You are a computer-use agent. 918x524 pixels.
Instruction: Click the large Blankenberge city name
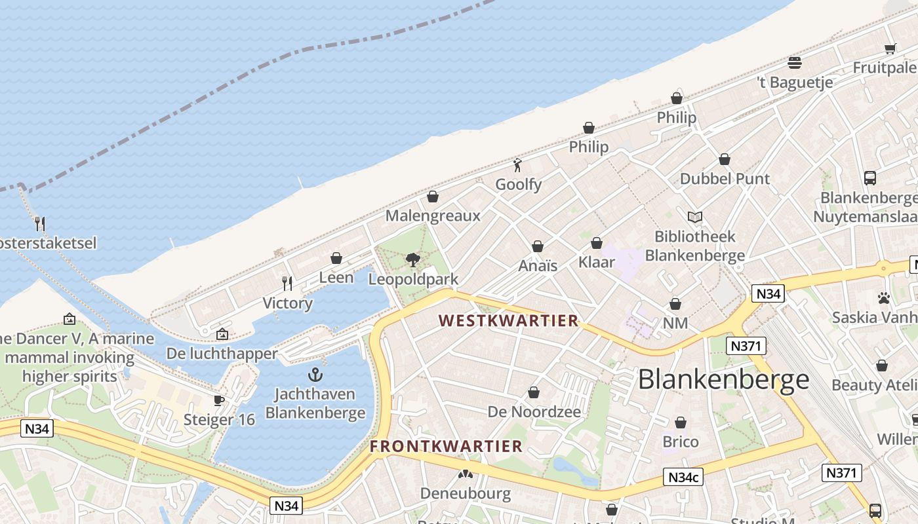[723, 380]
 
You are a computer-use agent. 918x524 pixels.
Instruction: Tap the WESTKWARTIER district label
[509, 321]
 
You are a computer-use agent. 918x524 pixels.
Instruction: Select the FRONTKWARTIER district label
[446, 447]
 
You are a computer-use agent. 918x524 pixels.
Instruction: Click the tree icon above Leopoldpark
[412, 260]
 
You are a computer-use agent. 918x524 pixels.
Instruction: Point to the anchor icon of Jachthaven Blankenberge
[315, 375]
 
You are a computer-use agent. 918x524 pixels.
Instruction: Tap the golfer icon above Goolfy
[517, 165]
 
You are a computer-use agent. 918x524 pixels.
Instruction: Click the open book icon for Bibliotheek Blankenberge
[695, 217]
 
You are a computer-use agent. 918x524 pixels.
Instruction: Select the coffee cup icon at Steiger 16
[219, 400]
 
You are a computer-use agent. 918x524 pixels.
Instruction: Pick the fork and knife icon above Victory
[287, 284]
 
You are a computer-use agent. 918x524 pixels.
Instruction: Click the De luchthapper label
[222, 354]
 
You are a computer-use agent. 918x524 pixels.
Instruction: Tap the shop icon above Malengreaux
[433, 196]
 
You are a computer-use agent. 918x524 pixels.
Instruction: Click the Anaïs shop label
[538, 265]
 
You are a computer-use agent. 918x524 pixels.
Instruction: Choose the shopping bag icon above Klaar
[597, 244]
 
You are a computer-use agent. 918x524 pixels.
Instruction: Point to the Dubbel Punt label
[725, 179]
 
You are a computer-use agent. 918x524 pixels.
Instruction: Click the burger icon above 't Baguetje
[795, 63]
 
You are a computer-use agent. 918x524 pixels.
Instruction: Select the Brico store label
[681, 441]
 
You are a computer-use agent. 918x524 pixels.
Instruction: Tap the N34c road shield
[683, 477]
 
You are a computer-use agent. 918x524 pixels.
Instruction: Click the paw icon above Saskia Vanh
[884, 298]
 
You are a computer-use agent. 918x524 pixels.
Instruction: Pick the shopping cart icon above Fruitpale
[890, 48]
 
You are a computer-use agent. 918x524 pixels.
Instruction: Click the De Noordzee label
[534, 412]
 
